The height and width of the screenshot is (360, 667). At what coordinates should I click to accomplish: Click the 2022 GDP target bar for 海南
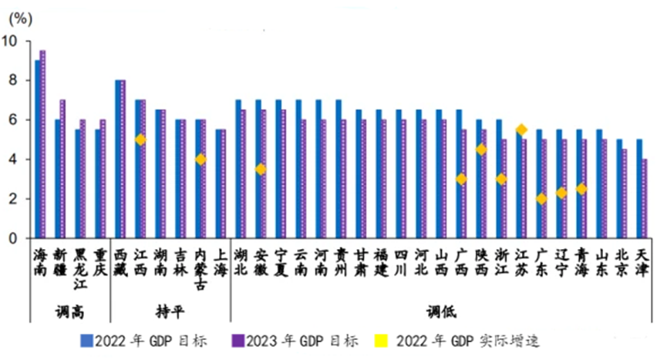37,149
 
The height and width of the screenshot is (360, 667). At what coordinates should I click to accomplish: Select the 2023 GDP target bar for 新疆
62,169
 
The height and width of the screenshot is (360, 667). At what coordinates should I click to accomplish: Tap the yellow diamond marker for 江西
140,140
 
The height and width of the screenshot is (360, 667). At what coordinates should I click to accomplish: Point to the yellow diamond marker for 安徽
261,169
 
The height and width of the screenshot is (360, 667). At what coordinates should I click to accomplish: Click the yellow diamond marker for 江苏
521,130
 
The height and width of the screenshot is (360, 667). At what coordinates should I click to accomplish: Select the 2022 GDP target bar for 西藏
117,159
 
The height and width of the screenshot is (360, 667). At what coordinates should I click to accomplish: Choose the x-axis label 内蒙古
200,268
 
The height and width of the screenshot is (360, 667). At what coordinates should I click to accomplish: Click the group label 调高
68,312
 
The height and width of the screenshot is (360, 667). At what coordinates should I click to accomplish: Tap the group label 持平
170,312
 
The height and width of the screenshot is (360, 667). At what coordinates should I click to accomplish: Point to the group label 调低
441,312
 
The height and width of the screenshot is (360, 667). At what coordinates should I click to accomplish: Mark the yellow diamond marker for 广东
541,199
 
